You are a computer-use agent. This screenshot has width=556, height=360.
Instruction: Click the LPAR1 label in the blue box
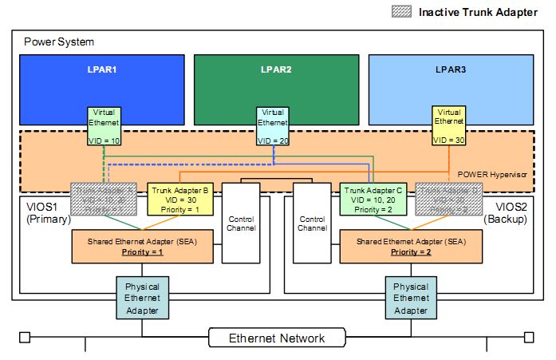point(102,69)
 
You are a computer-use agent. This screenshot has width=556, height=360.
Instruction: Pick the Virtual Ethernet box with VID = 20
point(272,125)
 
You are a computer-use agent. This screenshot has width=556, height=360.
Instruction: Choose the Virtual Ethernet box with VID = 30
point(449,125)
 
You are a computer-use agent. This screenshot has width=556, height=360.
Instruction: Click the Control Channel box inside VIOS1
point(242,223)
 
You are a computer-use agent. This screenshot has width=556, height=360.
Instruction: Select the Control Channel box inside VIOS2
point(312,223)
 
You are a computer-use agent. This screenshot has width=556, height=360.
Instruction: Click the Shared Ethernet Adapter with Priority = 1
point(144,247)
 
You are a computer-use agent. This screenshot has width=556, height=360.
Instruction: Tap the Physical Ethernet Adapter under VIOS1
point(143,298)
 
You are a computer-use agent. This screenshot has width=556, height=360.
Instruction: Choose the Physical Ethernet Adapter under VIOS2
point(412,298)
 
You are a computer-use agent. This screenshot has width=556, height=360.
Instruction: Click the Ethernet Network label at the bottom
point(277,338)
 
